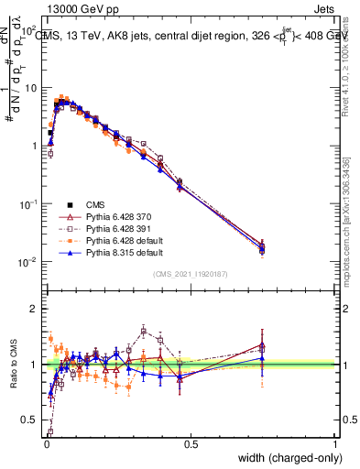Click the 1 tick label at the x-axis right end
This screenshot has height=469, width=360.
335,444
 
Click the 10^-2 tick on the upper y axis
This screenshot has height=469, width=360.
29,262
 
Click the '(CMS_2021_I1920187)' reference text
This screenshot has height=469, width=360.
190,274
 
